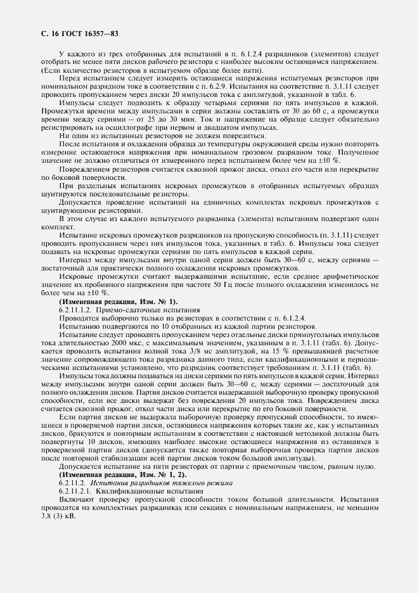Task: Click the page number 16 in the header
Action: (x=51, y=32)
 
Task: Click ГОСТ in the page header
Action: (x=70, y=32)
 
